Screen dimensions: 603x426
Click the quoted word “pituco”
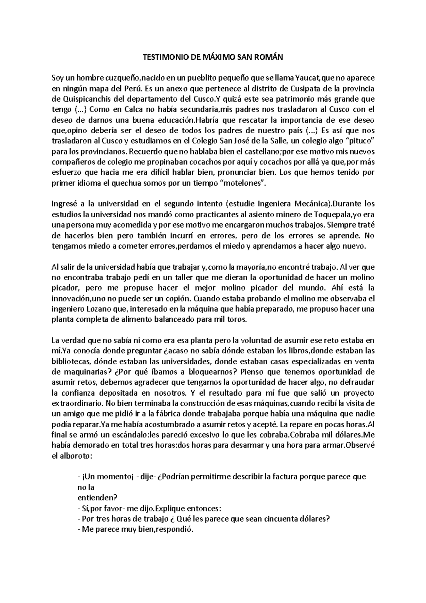tap(360, 141)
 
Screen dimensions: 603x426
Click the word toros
tap(236, 319)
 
